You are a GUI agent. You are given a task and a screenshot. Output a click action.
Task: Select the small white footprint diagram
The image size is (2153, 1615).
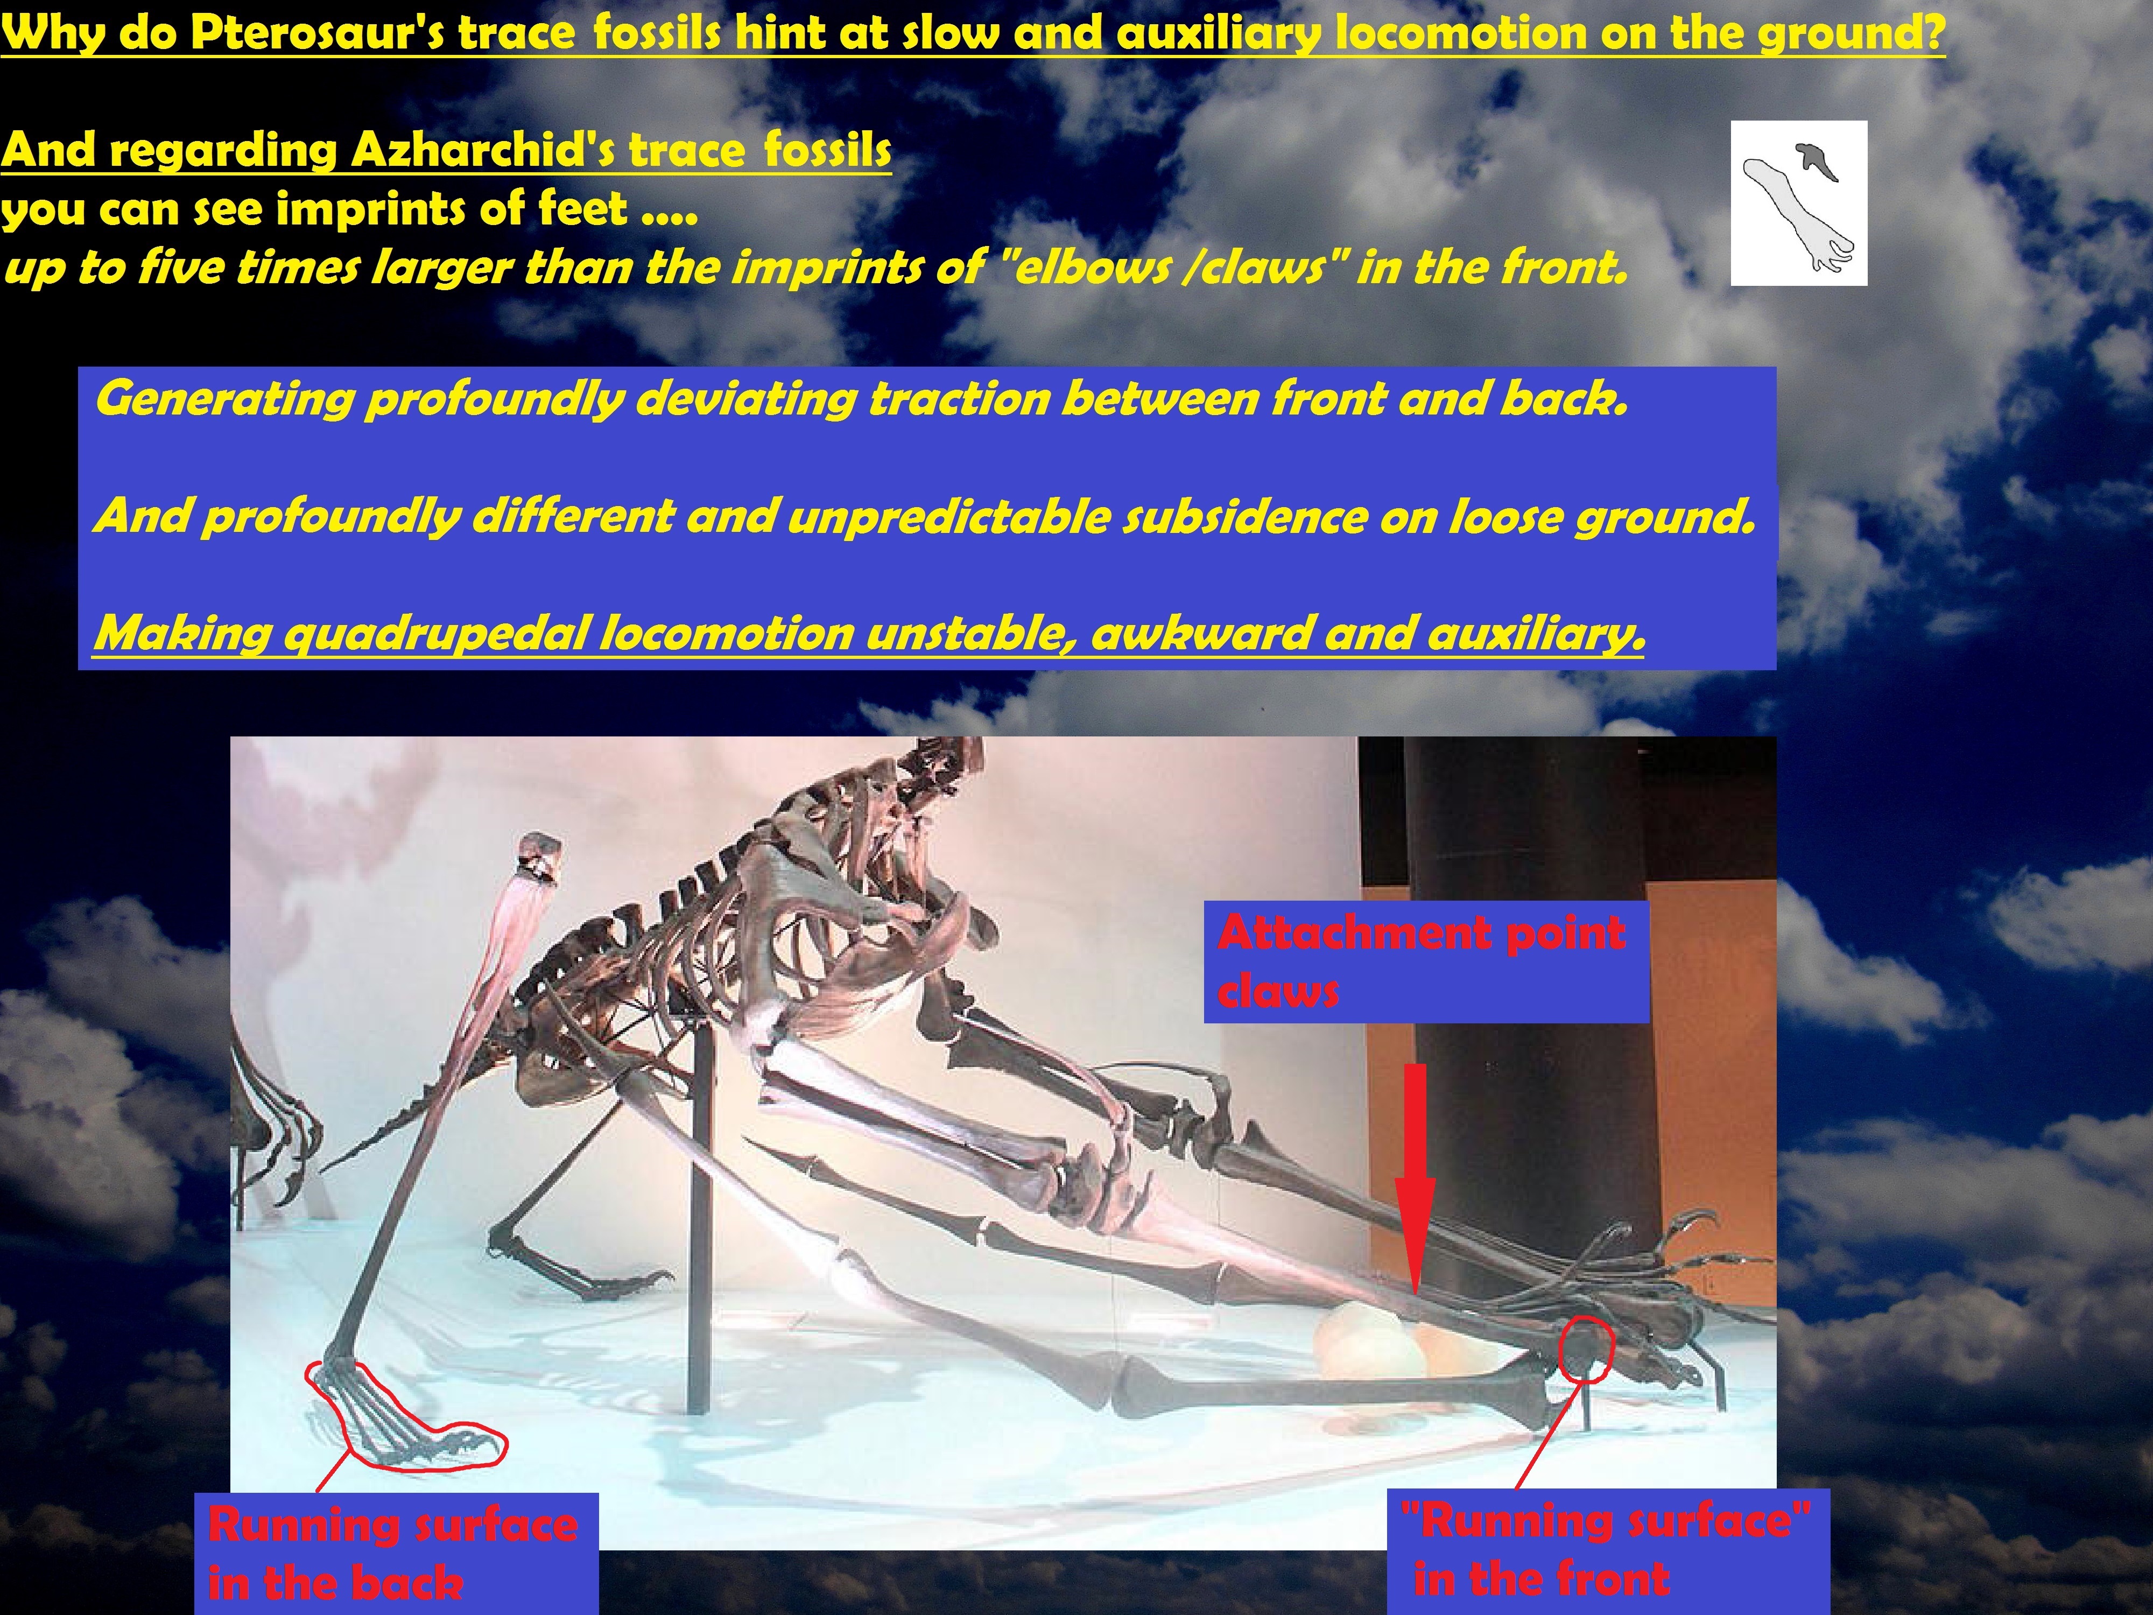1799,203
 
